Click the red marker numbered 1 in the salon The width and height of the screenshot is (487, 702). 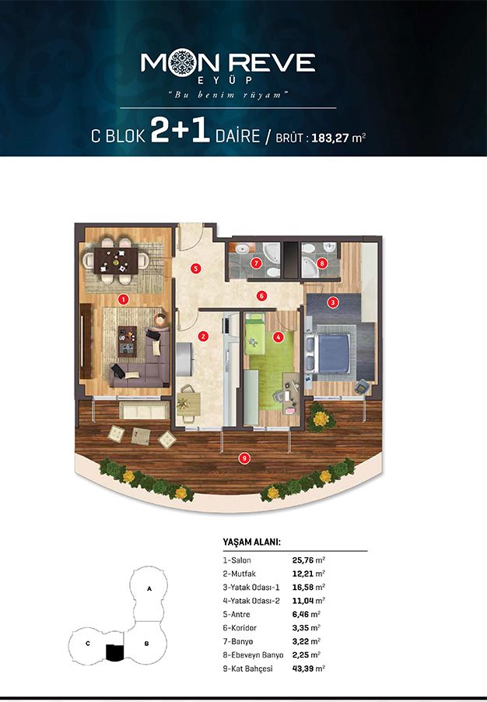click(x=124, y=299)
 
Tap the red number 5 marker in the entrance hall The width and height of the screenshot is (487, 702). click(x=195, y=269)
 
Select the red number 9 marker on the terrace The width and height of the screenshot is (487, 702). click(x=243, y=458)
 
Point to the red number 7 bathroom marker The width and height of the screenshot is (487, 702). click(x=256, y=263)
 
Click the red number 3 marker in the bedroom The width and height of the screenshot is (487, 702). click(x=332, y=302)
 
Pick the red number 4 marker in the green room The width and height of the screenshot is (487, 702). click(x=278, y=336)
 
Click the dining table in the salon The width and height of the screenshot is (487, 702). click(x=116, y=261)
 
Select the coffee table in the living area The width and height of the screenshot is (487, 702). click(x=127, y=341)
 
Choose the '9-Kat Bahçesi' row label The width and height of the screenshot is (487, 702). click(x=247, y=669)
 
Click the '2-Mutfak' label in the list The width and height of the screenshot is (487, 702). click(x=239, y=574)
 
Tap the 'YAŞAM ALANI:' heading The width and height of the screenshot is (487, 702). click(x=251, y=542)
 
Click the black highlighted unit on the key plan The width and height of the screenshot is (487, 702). click(x=114, y=652)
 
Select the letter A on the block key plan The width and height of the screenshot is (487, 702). click(x=149, y=588)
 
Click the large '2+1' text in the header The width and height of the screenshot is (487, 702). click(x=180, y=131)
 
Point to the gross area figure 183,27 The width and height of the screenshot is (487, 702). click(x=330, y=138)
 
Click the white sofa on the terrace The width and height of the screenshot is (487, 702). click(x=144, y=411)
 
